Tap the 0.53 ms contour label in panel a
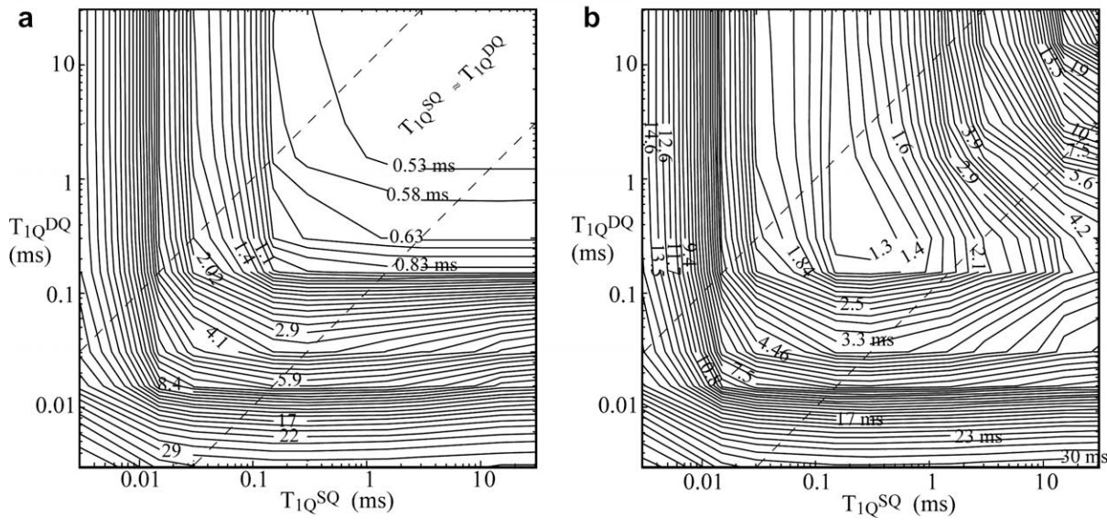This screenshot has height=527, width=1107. pos(424,166)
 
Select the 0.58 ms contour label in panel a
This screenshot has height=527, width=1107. pos(417,194)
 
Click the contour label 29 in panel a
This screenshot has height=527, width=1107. pos(171,450)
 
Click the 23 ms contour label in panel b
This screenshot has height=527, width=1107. pos(978,436)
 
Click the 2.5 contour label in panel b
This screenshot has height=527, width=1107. pos(853,302)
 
